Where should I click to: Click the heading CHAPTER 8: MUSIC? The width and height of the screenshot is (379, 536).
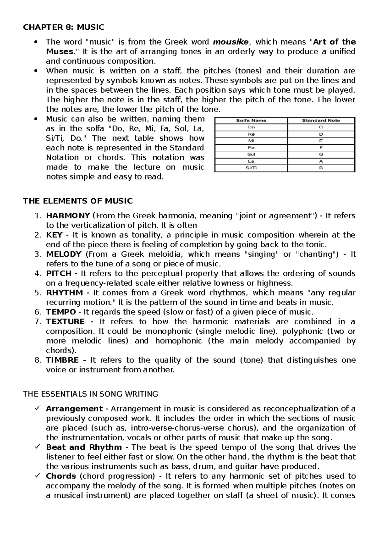63,27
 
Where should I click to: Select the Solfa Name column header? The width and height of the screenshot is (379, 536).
251,120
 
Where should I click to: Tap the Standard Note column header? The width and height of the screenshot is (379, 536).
321,120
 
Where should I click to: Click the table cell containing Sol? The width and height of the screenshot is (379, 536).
251,154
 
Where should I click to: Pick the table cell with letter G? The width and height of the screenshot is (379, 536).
321,154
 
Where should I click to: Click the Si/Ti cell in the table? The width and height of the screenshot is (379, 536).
251,168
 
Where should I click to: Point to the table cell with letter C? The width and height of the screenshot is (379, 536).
321,127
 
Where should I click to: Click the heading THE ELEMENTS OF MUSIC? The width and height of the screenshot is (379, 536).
78,201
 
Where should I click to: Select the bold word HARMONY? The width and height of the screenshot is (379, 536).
68,216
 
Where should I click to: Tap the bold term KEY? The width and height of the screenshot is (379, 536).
54,235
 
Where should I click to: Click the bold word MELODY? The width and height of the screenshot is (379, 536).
64,254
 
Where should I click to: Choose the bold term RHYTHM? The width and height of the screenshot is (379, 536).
64,293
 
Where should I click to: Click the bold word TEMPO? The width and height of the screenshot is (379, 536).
61,312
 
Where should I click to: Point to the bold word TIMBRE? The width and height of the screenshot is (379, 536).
62,360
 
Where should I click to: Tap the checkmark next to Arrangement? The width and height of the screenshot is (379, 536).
37,408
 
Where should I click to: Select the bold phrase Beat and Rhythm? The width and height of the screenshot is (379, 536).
84,447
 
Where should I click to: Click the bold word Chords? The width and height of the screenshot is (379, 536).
61,476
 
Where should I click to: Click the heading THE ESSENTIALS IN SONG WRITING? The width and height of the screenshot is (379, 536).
91,394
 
